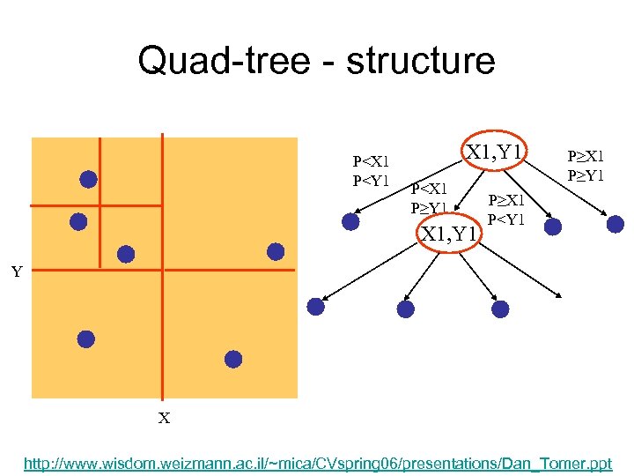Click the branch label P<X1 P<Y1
click(x=371, y=171)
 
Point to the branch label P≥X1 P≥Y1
click(x=585, y=165)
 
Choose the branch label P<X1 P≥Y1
click(x=430, y=198)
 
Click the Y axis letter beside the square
click(x=17, y=272)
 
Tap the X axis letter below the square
click(x=164, y=419)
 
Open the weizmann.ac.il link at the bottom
click(x=317, y=463)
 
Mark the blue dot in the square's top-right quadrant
click(x=276, y=252)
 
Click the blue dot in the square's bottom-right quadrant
click(x=232, y=358)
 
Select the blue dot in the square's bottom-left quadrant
click(x=85, y=338)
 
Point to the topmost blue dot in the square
click(x=88, y=179)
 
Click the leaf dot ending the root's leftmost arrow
click(x=350, y=222)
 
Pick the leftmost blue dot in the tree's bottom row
click(x=315, y=306)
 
